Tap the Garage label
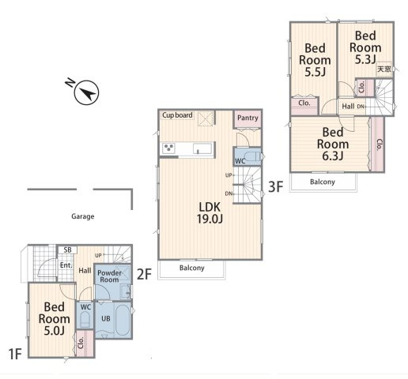click(x=83, y=216)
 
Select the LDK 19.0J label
click(x=210, y=213)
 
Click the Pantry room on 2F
click(x=247, y=118)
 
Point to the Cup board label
click(x=177, y=115)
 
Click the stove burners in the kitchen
click(x=168, y=148)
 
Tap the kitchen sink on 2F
click(x=202, y=148)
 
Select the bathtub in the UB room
click(x=123, y=320)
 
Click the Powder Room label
click(x=109, y=276)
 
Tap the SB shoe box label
click(x=68, y=250)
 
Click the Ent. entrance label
click(x=66, y=265)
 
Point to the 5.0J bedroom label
click(x=55, y=319)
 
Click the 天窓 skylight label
click(x=383, y=69)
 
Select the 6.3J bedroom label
click(x=333, y=144)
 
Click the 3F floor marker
click(x=275, y=187)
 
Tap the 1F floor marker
click(x=15, y=354)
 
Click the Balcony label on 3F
click(x=323, y=182)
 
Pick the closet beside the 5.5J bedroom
click(x=304, y=106)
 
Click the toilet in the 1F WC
click(x=85, y=320)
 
